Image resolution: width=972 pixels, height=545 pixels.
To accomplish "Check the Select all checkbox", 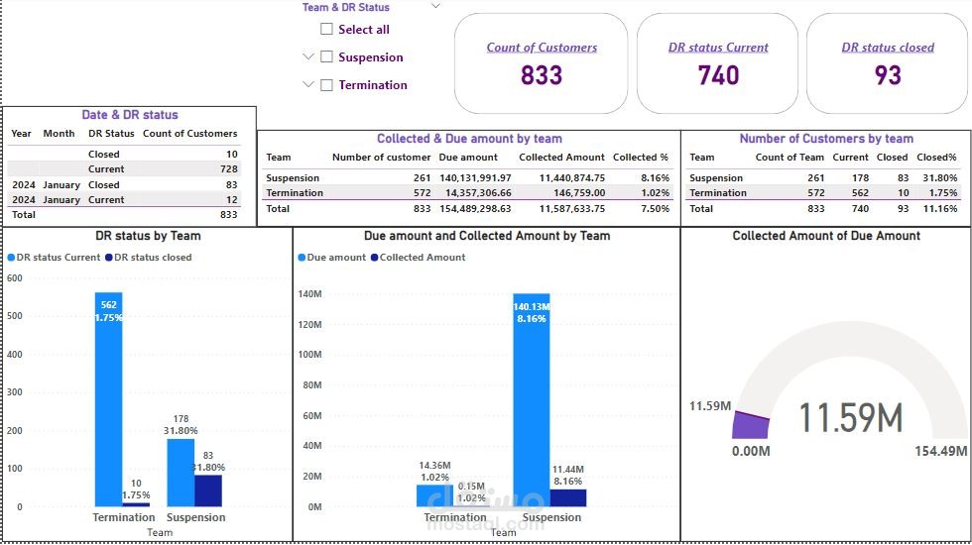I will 326,30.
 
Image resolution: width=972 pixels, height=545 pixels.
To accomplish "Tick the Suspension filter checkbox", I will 326,57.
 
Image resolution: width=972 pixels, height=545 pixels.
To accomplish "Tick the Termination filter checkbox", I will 326,85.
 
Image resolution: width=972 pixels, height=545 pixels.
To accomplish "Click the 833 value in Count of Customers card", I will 542,75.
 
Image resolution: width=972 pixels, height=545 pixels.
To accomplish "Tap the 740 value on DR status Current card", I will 719,75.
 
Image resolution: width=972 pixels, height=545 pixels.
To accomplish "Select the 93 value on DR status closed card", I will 888,75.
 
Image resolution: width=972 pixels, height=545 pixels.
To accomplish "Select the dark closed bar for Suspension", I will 208,490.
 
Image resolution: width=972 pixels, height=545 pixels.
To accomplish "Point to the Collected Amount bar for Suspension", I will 568,497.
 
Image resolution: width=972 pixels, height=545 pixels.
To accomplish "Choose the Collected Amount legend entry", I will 417,258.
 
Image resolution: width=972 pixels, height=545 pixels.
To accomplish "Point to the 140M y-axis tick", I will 309,294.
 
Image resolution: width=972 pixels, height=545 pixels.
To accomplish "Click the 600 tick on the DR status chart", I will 14,278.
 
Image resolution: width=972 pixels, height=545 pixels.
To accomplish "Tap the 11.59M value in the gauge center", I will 851,418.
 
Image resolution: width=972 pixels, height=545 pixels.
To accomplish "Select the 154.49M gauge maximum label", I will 940,452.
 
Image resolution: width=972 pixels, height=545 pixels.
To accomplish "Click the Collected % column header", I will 640,158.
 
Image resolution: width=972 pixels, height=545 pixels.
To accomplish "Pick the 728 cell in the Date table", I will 231,169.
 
